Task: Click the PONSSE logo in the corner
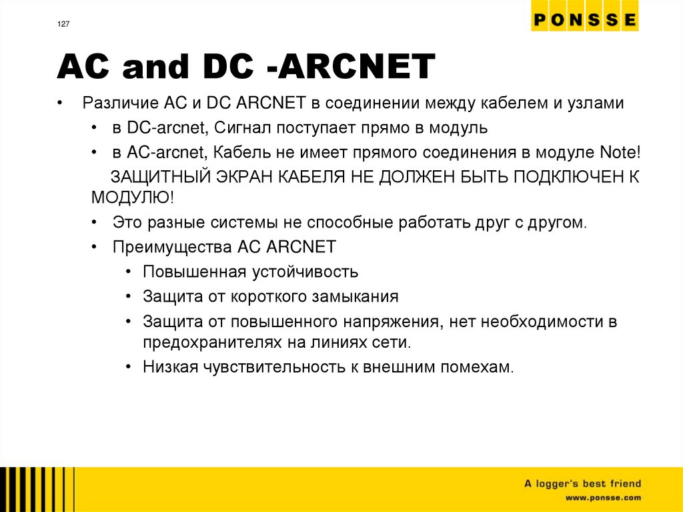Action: [x=584, y=20]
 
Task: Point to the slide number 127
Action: [x=62, y=25]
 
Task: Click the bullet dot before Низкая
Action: [x=127, y=366]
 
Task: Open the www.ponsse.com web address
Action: [x=603, y=498]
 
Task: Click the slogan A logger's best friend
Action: [x=582, y=483]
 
